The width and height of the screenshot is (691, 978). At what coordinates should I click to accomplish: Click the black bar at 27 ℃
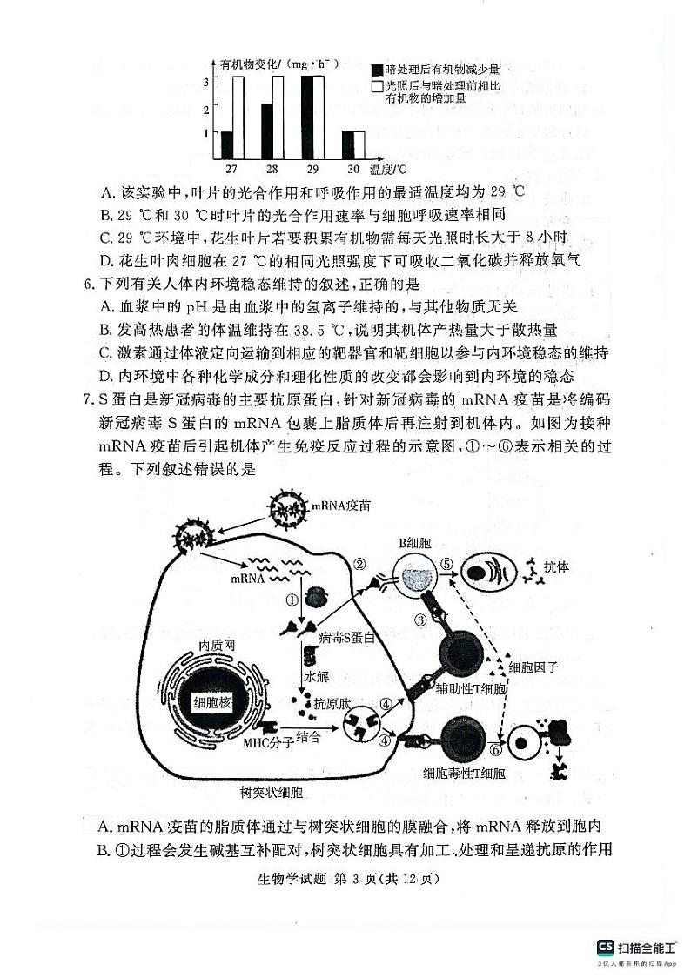click(x=227, y=144)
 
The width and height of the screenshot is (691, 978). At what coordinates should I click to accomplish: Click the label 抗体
click(x=556, y=566)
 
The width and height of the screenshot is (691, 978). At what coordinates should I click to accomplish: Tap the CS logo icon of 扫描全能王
click(x=605, y=948)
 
